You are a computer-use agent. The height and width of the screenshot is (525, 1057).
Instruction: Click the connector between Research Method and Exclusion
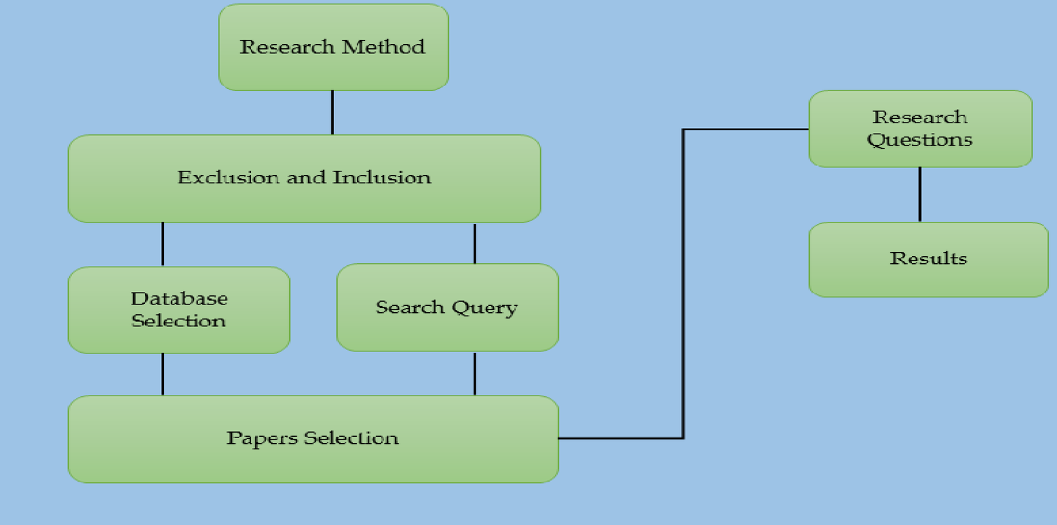[x=332, y=112]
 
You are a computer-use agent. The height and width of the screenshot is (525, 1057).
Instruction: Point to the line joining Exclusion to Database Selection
[x=163, y=244]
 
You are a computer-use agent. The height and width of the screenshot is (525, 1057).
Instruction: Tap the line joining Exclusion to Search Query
[x=475, y=243]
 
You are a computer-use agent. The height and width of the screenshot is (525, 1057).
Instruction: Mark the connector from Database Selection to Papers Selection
[x=163, y=374]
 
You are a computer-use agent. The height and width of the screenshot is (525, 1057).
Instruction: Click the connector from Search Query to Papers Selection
[x=475, y=373]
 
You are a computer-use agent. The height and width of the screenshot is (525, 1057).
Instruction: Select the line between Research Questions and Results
[x=920, y=195]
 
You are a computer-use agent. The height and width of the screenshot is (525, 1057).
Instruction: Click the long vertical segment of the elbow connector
[x=683, y=283]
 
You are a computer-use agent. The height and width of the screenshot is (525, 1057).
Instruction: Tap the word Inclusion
[x=382, y=177]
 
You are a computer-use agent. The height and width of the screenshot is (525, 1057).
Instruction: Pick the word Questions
[x=920, y=140]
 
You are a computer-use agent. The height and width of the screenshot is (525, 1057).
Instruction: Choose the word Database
[x=179, y=298]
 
